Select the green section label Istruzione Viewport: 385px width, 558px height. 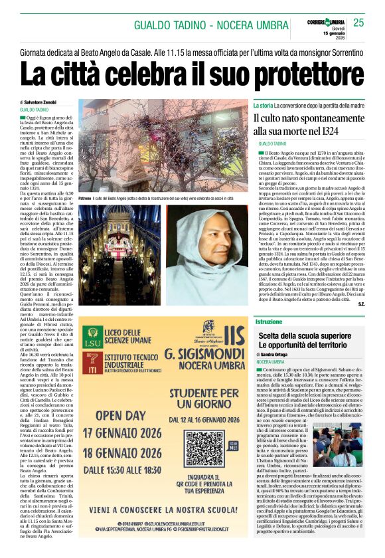pyautogui.click(x=269, y=322)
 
